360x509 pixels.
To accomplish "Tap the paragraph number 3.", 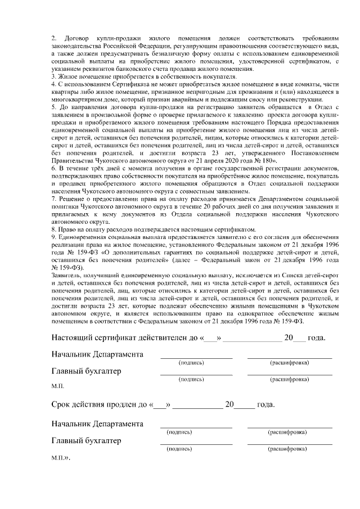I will pyautogui.click(x=53, y=76).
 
